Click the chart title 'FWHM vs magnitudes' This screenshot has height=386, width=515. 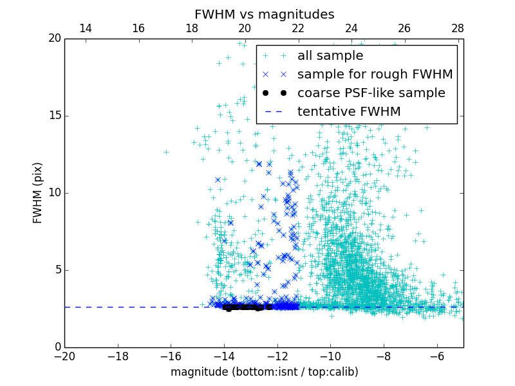pos(264,14)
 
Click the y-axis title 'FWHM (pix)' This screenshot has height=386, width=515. pos(38,192)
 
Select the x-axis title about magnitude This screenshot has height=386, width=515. pos(264,372)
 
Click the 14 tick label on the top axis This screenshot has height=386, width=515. pos(85,28)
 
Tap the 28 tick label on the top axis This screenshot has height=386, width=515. pos(458,28)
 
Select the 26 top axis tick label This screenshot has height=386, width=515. pos(404,28)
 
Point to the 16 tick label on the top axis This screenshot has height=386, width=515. pos(138,28)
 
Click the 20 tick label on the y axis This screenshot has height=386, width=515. pos(54,39)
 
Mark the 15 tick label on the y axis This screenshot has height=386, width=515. pos(54,116)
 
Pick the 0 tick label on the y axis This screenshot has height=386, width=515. pos(57,347)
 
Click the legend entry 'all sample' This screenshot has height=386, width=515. pos(330,56)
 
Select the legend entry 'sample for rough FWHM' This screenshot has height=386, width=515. pos(375,74)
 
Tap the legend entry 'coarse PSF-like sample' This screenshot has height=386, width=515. pos(371,93)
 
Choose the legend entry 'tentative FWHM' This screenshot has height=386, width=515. pos(349,111)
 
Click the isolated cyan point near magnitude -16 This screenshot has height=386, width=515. pos(166,152)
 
